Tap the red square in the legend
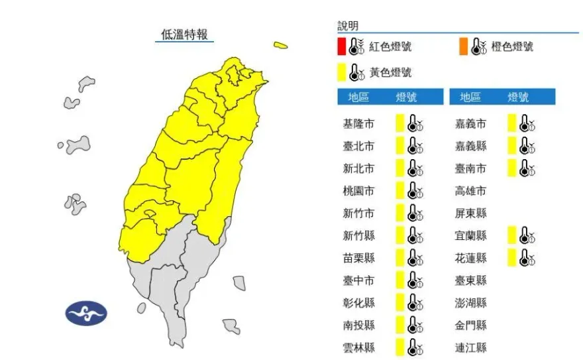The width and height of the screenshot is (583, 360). point(341,46)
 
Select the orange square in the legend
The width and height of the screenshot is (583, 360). point(463,46)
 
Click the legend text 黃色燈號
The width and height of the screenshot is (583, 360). point(390,72)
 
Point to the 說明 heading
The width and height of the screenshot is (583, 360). point(348,26)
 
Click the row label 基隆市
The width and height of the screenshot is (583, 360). point(358,124)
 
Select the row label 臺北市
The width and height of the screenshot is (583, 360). point(358,147)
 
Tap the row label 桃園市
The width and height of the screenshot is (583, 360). point(358,191)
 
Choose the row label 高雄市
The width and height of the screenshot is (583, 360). point(470,191)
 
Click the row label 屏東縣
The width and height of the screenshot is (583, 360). point(470,213)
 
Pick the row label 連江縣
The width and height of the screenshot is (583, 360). point(470,347)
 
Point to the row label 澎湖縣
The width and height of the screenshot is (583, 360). point(470,302)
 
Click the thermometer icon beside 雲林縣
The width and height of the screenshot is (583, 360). point(415,347)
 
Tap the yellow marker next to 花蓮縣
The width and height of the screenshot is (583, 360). point(511,257)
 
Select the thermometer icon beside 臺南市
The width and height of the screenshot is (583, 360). point(527,168)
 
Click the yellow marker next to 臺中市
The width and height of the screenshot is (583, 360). point(399,280)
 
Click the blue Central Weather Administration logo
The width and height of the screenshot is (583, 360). point(86,313)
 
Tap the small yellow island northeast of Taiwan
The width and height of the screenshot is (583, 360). point(281,46)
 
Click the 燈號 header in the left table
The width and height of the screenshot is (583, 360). point(407,97)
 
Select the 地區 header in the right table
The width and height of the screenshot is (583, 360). point(470,97)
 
